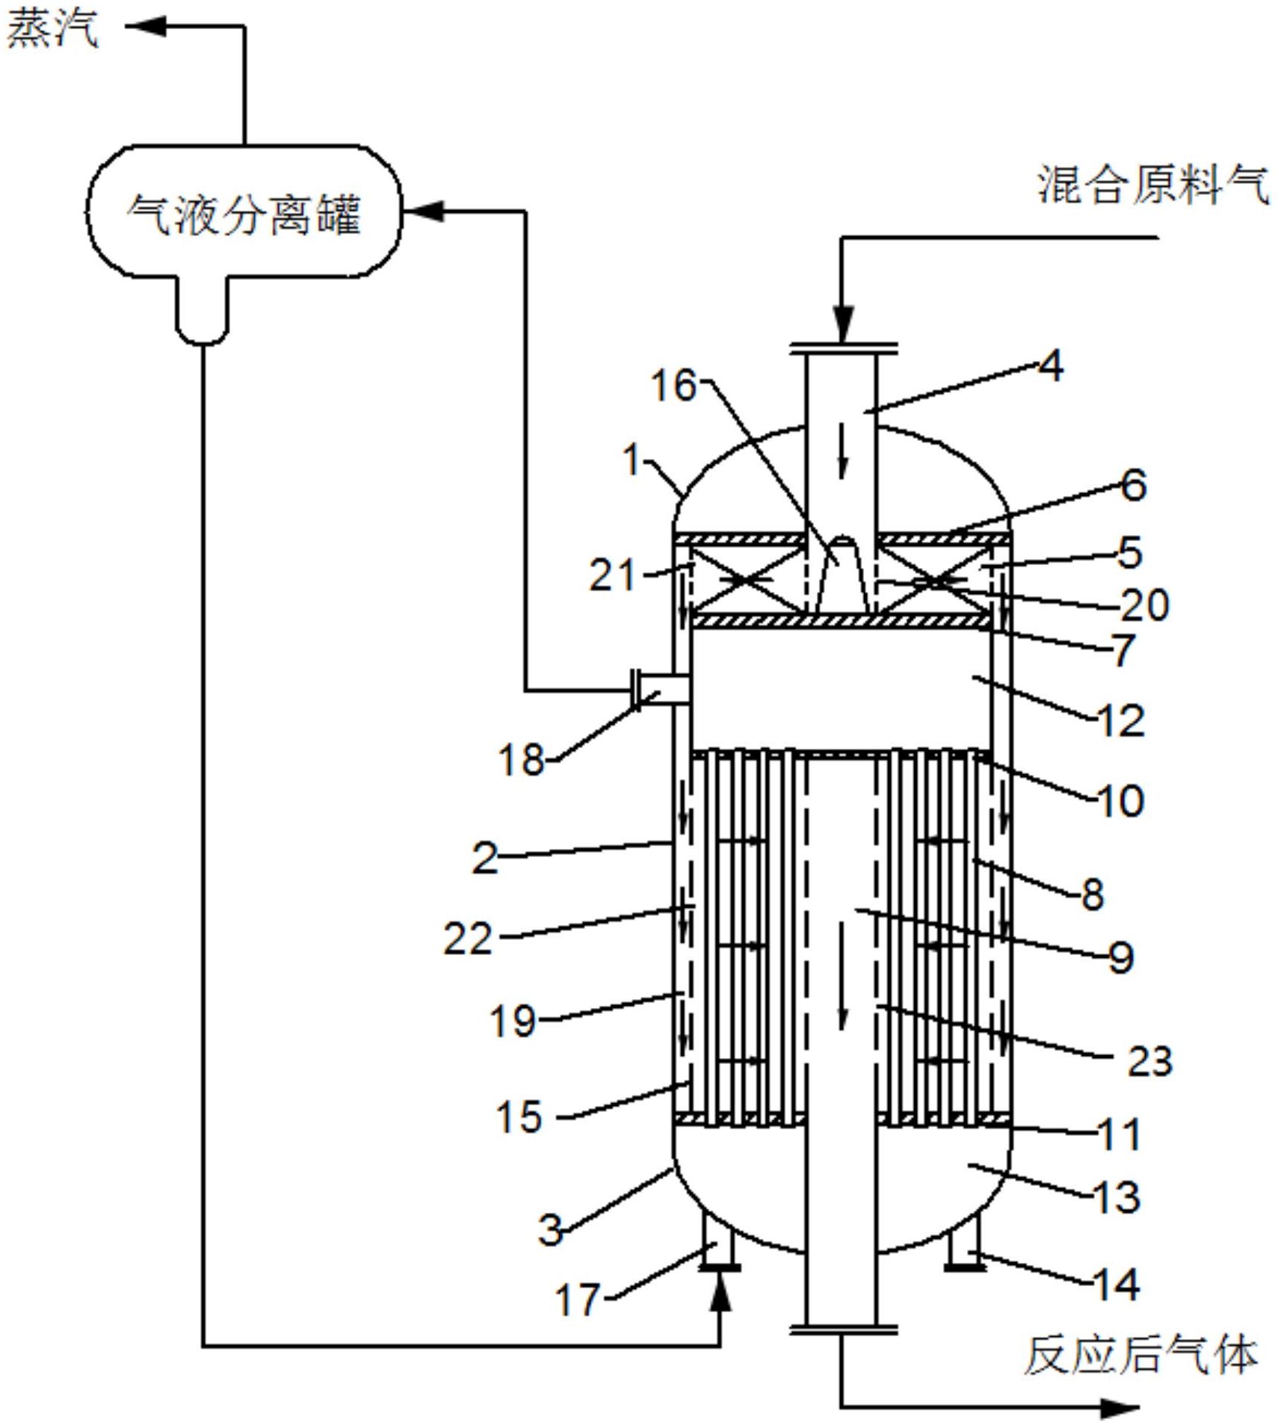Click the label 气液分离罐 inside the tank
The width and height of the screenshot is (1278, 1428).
(x=244, y=215)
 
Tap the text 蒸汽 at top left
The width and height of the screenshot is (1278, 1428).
(x=52, y=30)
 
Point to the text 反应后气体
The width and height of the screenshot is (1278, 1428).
(x=1140, y=1354)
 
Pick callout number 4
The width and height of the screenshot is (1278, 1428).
(x=1050, y=367)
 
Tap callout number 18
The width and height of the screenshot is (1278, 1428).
(x=521, y=761)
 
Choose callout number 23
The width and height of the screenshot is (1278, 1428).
(x=1149, y=1060)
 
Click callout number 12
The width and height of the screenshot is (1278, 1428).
(x=1121, y=722)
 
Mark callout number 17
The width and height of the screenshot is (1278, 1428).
(x=577, y=1299)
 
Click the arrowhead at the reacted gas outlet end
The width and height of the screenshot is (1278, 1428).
(x=1121, y=1408)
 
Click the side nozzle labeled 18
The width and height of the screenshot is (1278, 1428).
(x=661, y=688)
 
